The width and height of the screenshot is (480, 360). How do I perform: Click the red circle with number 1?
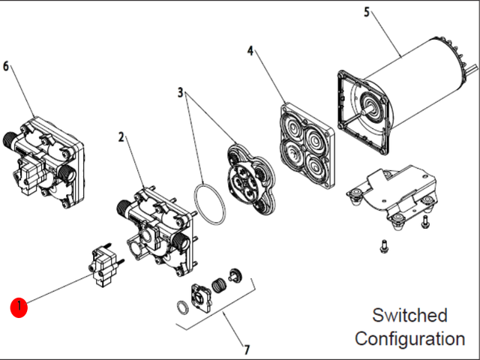click(19, 307)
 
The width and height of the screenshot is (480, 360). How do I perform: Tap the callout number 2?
click(121, 137)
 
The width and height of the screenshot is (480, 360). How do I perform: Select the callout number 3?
click(180, 92)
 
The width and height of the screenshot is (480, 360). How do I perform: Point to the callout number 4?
click(250, 51)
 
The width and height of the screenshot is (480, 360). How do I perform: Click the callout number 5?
click(367, 11)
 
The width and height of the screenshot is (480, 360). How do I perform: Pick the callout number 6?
click(6, 66)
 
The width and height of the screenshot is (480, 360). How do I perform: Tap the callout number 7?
click(245, 349)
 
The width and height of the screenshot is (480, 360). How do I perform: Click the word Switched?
click(409, 315)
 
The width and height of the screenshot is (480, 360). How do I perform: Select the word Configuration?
click(409, 338)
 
